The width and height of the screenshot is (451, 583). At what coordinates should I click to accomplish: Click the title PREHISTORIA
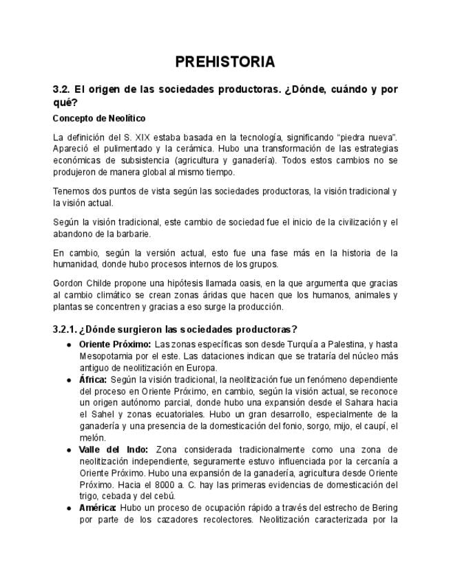pyautogui.click(x=225, y=62)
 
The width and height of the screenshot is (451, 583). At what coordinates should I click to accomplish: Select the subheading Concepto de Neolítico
pyautogui.click(x=99, y=118)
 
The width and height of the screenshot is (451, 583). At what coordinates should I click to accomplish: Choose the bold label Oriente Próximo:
pyautogui.click(x=114, y=344)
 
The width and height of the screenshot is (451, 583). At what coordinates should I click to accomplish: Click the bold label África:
pyautogui.click(x=93, y=379)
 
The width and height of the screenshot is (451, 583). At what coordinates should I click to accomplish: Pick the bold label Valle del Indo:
pyautogui.click(x=109, y=450)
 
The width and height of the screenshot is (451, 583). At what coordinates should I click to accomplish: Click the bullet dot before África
pyautogui.click(x=69, y=379)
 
